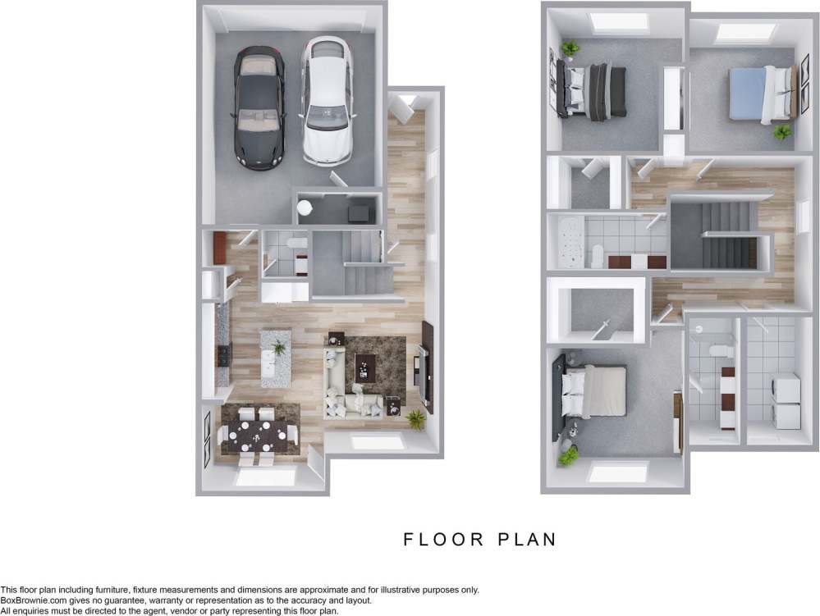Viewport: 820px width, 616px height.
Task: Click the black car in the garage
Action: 259,107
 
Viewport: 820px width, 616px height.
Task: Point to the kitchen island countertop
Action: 276,358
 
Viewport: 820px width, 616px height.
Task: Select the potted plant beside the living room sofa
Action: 416,420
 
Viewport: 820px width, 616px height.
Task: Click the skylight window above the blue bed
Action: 745,33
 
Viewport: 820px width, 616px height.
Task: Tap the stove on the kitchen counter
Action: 223,354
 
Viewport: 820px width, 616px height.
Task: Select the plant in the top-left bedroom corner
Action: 570,50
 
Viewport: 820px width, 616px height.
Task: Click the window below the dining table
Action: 265,476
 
